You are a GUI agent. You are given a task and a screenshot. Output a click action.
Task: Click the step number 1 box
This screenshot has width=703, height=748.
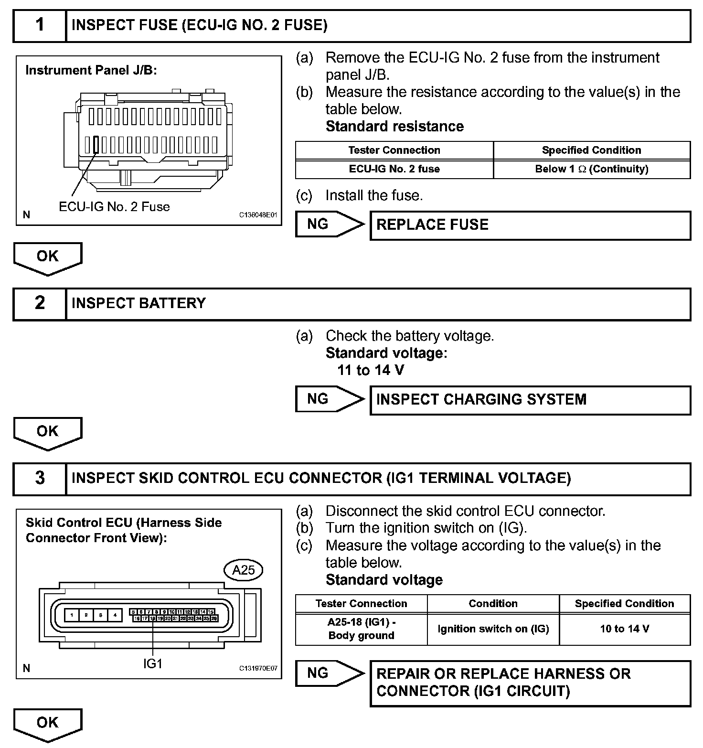pos(40,25)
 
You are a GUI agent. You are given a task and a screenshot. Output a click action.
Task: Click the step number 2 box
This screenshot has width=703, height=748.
pos(40,303)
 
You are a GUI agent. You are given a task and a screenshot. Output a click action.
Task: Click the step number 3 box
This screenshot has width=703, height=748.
pos(40,478)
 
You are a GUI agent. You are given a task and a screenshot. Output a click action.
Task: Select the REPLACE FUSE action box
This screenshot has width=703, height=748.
pos(530,225)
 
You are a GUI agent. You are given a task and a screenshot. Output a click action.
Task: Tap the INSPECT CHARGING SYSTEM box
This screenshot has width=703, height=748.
pos(530,400)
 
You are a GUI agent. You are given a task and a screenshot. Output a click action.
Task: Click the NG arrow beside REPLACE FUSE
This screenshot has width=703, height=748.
pos(329,224)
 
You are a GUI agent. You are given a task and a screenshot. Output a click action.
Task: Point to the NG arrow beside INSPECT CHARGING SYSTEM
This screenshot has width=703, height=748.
pos(329,399)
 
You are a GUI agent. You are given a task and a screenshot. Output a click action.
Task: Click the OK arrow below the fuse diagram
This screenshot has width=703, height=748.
pos(48,258)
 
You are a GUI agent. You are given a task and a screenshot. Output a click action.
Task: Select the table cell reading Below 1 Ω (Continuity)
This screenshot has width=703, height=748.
pos(592,169)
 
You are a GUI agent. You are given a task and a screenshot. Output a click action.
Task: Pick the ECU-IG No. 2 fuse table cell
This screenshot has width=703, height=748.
pos(394,169)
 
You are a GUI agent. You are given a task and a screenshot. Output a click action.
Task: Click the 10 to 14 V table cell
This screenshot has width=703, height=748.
pos(625,629)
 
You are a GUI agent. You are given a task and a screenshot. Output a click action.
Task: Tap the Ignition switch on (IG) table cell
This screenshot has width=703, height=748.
pos(493,629)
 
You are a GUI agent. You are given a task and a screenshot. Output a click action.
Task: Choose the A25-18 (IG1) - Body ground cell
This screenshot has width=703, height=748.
pos(361,629)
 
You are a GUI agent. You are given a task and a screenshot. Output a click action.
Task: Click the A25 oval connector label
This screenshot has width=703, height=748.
pos(244,570)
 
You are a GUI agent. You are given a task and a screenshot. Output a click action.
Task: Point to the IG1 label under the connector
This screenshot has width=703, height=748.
pos(153,663)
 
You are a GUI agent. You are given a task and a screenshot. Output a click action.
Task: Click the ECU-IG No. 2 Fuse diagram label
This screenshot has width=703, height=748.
pos(114,207)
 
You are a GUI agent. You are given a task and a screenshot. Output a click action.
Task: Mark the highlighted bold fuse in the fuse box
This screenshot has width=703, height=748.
pos(96,145)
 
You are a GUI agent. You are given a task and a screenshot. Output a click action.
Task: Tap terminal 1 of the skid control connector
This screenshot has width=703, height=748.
pos(72,615)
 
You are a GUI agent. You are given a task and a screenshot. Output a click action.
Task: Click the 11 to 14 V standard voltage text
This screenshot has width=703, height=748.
pos(371,370)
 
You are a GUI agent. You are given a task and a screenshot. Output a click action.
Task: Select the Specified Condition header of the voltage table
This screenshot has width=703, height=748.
pos(625,604)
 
